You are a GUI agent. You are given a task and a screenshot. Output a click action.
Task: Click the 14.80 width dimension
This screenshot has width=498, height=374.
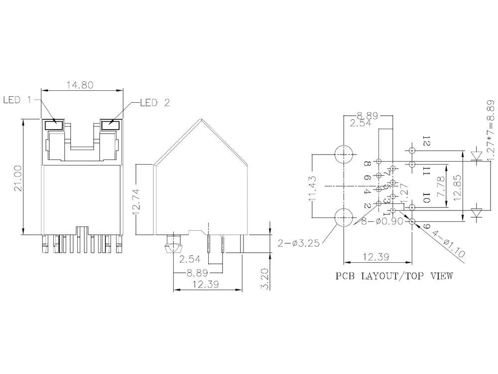click(80, 85)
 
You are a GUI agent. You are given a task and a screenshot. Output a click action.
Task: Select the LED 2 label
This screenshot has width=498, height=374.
click(155, 103)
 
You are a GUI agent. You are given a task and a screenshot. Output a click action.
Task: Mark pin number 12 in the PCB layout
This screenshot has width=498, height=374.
click(425, 141)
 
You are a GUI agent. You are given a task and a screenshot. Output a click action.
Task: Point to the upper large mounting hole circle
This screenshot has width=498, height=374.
click(343, 154)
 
